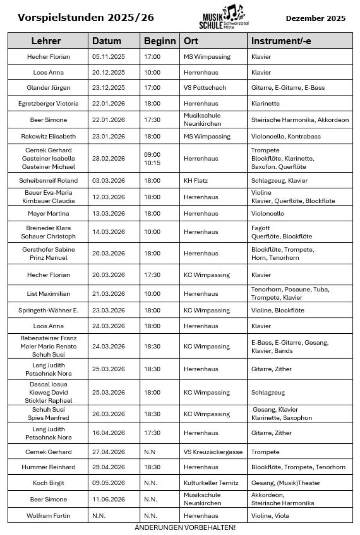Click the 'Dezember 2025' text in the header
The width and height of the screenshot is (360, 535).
point(315,18)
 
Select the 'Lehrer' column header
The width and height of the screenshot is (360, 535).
point(46,41)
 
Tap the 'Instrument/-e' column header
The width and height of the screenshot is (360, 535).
point(281,41)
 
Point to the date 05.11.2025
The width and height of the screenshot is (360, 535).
point(108,57)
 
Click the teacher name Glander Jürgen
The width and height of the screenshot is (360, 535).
point(48,88)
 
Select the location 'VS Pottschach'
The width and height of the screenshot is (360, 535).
point(205,88)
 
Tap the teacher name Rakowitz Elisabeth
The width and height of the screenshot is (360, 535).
point(48,136)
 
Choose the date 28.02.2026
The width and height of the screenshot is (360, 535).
point(108,159)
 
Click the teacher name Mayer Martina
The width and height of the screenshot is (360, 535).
point(48,213)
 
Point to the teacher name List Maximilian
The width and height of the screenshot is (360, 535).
point(48,294)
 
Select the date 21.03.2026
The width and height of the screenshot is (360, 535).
point(108,294)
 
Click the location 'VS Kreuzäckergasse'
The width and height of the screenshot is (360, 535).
point(213,452)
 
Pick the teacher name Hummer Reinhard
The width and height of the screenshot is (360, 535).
point(48,467)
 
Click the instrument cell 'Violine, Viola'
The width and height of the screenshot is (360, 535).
point(270,516)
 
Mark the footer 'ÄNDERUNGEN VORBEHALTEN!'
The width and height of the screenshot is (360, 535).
point(185,528)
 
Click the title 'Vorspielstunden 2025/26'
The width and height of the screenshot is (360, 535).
point(86,18)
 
